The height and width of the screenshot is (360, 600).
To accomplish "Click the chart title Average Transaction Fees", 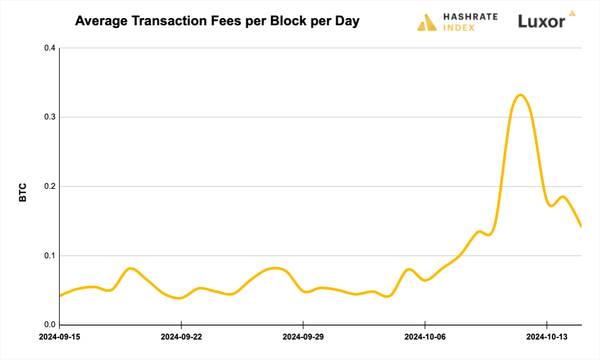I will pos(217,22).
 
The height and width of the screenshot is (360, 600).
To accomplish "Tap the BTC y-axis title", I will pos(23,193).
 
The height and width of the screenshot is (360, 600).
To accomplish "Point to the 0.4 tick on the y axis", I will pos(50,48).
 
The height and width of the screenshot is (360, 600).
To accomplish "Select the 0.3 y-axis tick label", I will pos(50,117).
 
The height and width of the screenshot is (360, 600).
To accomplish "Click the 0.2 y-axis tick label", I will pos(50,187).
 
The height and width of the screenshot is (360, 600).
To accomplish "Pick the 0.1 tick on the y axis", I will pos(50,256).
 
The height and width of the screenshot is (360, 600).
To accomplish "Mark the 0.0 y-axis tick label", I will pos(50,325).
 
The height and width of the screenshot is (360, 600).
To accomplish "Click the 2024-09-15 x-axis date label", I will pos(60,337).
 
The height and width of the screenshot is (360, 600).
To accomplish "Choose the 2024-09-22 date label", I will pos(181,337).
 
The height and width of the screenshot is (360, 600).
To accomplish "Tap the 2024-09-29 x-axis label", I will pos(303,337).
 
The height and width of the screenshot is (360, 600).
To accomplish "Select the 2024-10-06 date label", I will pos(425,337).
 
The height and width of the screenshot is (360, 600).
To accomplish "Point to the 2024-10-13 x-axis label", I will pos(547,337).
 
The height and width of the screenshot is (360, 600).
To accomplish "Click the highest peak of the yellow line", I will pos(520,95).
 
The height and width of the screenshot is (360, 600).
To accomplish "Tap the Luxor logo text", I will pos(541,22).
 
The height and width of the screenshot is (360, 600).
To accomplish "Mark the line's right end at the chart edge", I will pos(581,227).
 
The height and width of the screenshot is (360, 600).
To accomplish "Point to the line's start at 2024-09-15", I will pos(60,295).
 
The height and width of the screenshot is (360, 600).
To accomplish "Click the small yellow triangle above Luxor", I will pos(572,12).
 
